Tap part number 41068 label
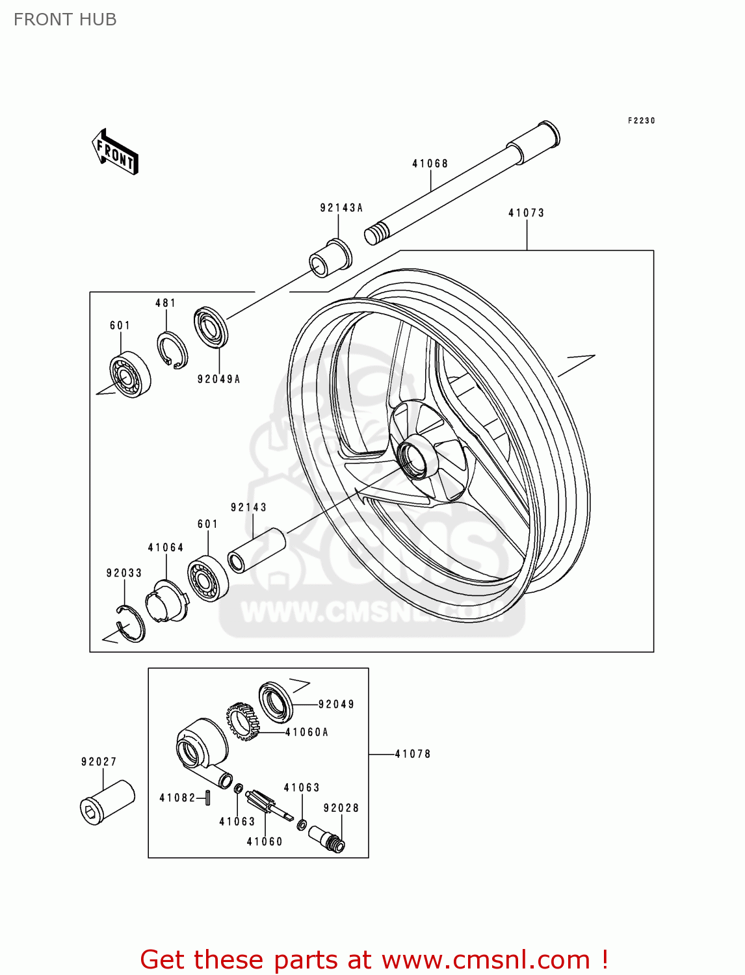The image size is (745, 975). (430, 164)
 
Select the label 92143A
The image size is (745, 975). (341, 208)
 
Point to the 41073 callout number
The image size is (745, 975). (526, 213)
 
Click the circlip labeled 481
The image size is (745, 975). (172, 352)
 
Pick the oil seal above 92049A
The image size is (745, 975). (211, 327)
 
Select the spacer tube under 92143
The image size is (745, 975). (257, 550)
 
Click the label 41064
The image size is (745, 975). (166, 548)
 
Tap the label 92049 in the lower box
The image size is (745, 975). (336, 705)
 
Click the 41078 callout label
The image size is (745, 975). (413, 754)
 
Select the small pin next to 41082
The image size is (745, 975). (207, 797)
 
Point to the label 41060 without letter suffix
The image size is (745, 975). (265, 842)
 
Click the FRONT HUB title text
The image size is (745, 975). (65, 19)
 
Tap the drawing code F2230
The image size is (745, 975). (641, 121)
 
